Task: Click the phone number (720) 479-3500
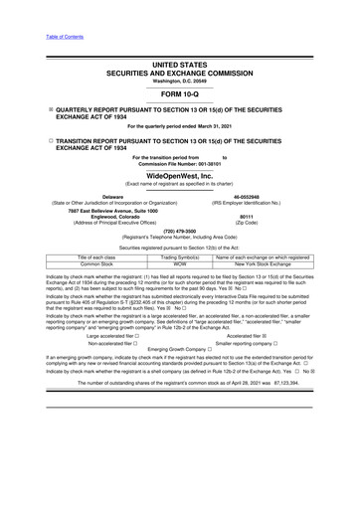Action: pyautogui.click(x=179, y=233)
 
